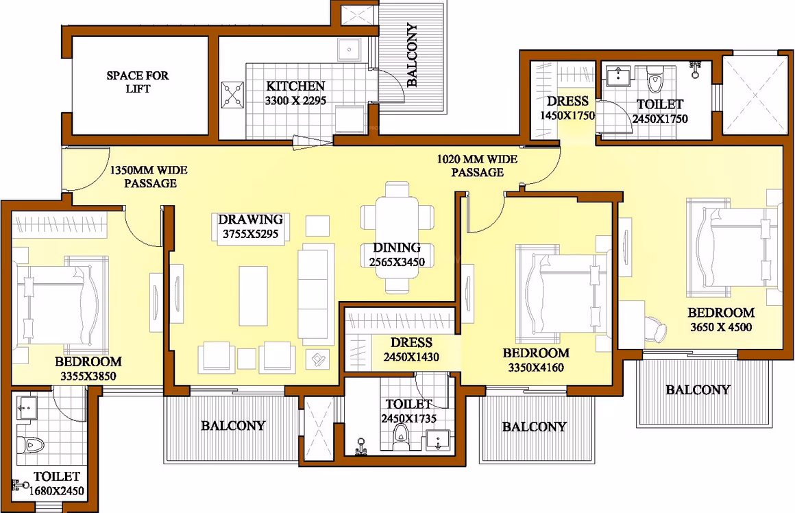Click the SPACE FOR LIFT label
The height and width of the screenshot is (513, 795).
(x=137, y=82)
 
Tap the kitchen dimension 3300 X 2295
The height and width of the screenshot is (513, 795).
(x=295, y=100)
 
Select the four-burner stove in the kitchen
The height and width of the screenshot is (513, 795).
(x=233, y=95)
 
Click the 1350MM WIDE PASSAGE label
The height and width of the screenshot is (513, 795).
(x=149, y=176)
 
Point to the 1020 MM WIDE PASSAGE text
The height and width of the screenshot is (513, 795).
(x=477, y=166)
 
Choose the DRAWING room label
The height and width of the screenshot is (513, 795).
(x=250, y=219)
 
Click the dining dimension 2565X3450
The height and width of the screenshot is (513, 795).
(x=397, y=263)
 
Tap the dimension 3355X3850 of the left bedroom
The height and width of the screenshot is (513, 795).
(x=88, y=377)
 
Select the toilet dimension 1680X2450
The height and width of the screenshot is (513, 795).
(x=56, y=491)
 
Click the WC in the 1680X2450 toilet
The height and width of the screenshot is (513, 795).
(x=30, y=445)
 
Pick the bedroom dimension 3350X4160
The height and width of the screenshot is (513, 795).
(x=536, y=368)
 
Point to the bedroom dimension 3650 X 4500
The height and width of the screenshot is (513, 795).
(x=720, y=327)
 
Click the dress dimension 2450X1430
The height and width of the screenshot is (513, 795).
(x=411, y=357)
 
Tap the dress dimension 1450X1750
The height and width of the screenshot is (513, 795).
(x=567, y=116)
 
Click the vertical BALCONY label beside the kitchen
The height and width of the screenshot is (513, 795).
(x=412, y=55)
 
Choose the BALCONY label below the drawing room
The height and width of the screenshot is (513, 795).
(x=233, y=425)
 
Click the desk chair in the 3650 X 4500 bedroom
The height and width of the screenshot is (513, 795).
(x=656, y=328)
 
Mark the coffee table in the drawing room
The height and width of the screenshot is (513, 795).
(x=253, y=296)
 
